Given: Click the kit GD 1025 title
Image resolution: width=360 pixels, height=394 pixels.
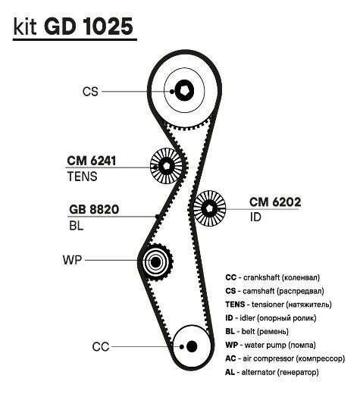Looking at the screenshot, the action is [x=73, y=27].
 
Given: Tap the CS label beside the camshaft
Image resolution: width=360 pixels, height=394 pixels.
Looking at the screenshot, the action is [x=90, y=92].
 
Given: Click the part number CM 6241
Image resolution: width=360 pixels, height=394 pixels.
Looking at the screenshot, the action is [x=92, y=161].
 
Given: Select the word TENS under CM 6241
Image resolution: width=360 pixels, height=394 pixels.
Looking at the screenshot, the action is [x=82, y=177].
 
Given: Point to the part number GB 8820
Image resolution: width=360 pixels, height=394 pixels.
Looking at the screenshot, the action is [x=94, y=209].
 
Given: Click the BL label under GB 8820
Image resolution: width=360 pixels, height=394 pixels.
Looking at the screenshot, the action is [x=77, y=226].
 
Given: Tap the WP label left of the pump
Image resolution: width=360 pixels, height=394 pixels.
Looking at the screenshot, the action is [x=73, y=260].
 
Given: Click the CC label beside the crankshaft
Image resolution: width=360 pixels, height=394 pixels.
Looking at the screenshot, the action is [x=101, y=347].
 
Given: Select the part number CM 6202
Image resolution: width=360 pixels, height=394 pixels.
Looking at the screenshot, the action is [x=275, y=202].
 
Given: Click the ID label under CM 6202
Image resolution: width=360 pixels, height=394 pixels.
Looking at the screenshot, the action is [x=255, y=217].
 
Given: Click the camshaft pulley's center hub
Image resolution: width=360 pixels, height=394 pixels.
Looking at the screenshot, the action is [x=184, y=90].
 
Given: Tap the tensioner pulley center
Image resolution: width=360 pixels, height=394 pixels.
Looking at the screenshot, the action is [x=166, y=166].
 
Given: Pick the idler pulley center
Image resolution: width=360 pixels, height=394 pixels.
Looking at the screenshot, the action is [x=209, y=208].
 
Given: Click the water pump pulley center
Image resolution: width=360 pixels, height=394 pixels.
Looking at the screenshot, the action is [x=155, y=262].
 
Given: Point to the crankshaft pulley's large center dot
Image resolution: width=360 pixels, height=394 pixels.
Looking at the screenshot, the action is [x=192, y=346].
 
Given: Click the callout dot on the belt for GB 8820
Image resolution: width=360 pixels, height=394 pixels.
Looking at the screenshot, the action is [x=157, y=217].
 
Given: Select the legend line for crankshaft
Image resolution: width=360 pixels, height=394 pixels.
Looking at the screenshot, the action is [x=273, y=277].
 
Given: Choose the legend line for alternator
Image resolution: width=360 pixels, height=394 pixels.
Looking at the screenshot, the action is [x=272, y=372].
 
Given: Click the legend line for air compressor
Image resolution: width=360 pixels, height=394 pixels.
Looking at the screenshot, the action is [x=285, y=358].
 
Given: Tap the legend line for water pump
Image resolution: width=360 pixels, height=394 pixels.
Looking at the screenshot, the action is [x=271, y=345].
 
